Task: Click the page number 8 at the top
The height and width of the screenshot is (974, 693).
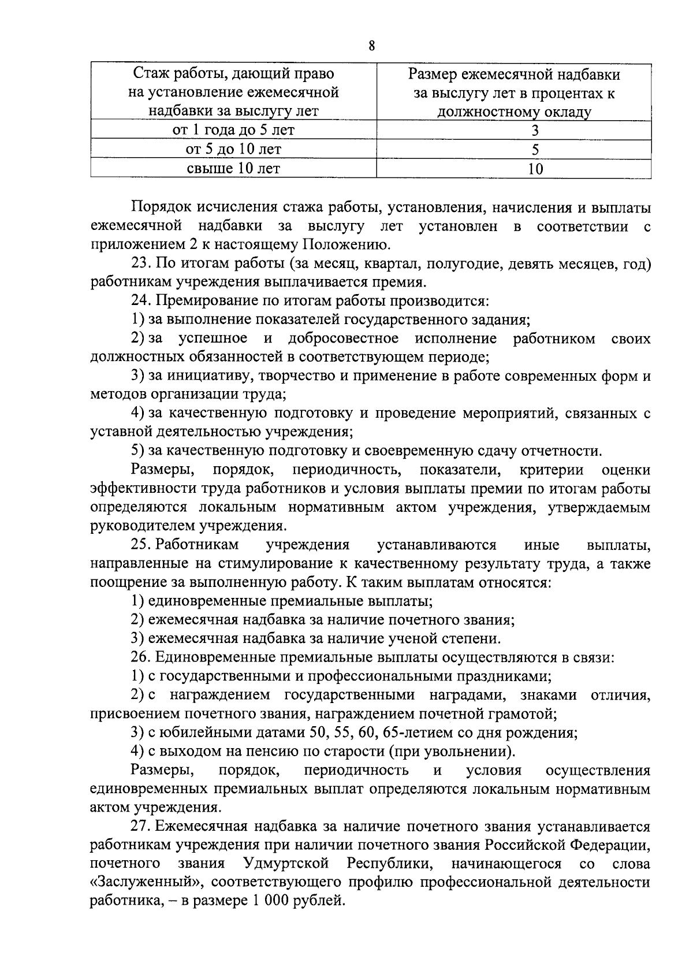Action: (x=371, y=47)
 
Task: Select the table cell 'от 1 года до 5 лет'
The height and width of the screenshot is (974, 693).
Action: (x=233, y=130)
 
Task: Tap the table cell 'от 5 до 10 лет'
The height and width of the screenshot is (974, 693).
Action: (x=233, y=149)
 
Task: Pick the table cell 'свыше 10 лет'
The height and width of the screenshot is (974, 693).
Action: (x=233, y=168)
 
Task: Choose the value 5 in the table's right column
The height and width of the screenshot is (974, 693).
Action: (x=535, y=150)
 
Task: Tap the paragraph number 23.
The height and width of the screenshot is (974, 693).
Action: (x=141, y=263)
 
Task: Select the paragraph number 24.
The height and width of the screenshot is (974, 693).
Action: (x=141, y=301)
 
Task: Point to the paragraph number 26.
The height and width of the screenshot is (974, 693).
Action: (x=141, y=657)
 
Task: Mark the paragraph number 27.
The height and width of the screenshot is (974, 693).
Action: (x=141, y=827)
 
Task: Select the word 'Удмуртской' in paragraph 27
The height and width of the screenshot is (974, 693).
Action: (x=286, y=864)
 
